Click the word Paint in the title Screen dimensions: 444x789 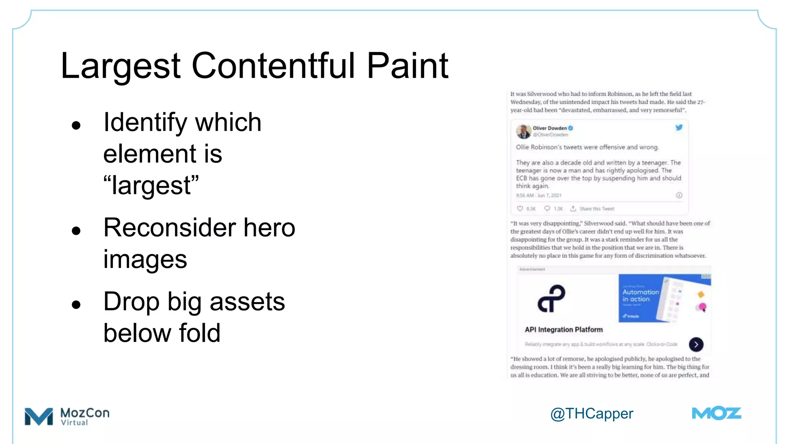coord(408,66)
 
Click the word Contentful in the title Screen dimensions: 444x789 coord(273,66)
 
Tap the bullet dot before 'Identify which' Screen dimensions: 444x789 coord(76,125)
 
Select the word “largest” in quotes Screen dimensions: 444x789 coord(151,185)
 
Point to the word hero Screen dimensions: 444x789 coord(269,227)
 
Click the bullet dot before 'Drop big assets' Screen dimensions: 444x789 coord(76,304)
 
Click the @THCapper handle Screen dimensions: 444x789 coord(591,414)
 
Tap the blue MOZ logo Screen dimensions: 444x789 coord(716,414)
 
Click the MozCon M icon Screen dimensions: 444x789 coord(39,416)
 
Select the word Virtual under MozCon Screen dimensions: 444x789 coord(74,423)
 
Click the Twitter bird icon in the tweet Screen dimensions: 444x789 coord(679,128)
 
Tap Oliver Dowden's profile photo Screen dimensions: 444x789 coord(523,131)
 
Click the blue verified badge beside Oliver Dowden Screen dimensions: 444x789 coord(571,128)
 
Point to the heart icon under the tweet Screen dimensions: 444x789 coord(520,209)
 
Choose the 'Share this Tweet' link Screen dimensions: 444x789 coord(596,209)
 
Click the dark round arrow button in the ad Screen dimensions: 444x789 coord(696,345)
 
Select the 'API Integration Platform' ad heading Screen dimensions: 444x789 coord(564,330)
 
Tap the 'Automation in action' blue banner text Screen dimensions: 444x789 coord(640,296)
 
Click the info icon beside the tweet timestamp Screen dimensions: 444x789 coord(679,195)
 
